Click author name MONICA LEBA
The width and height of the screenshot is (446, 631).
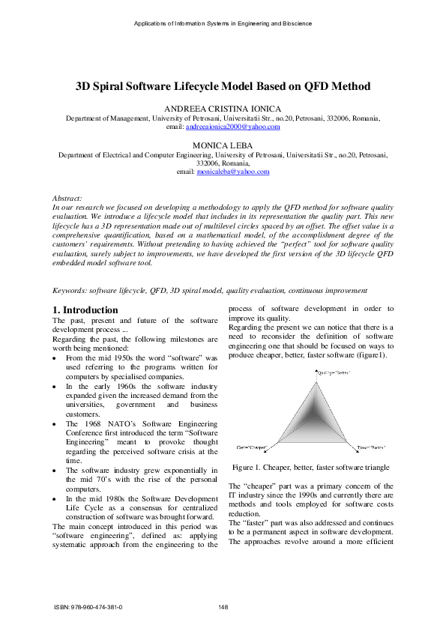223,144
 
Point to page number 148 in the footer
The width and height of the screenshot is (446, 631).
223,607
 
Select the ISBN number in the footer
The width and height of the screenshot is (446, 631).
88,607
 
